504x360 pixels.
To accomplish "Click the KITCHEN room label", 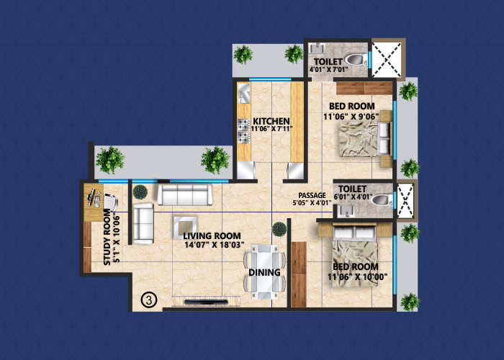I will [x=271, y=121].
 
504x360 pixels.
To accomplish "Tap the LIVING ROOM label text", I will [x=211, y=236].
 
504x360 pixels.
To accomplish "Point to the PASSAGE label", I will [x=313, y=196].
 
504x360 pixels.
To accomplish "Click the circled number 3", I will [x=148, y=298].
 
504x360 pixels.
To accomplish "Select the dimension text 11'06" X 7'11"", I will [x=271, y=130].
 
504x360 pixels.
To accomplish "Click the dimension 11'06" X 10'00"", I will [x=353, y=276].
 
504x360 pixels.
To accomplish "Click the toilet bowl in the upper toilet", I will [x=355, y=60].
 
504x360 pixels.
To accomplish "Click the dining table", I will [x=266, y=271].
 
